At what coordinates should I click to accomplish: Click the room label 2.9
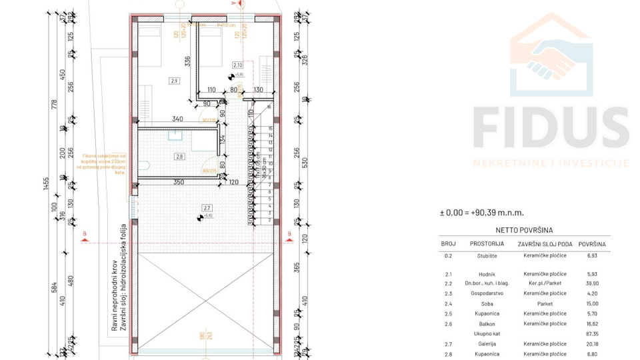pos(175,81)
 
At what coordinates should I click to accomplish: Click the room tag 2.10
pos(237,65)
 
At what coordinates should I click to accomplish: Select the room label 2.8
pos(179,157)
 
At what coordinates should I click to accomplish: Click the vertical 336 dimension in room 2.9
pos(188,62)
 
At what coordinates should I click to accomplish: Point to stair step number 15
pos(270,129)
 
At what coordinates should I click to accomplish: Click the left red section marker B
pos(85,233)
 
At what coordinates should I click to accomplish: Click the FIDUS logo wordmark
pos(550,129)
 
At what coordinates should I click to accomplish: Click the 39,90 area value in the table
pos(591,283)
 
